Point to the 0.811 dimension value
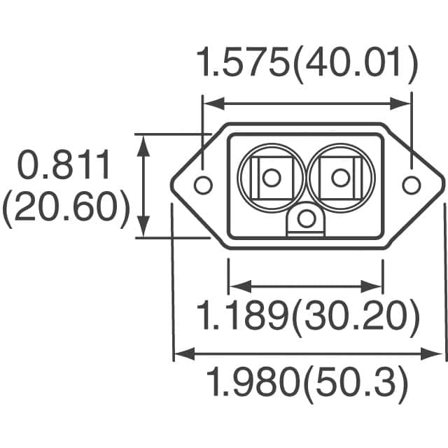(64, 167)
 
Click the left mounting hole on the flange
(202, 185)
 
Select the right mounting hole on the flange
(411, 185)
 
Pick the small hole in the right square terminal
(339, 178)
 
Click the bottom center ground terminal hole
(304, 220)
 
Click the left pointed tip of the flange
(173, 185)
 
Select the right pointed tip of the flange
(444, 185)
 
